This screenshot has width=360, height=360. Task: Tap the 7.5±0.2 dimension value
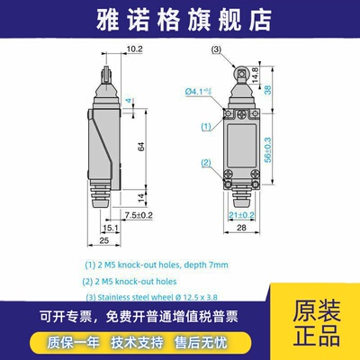click(139, 215)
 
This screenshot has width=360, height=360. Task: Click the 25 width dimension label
click(104, 241)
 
